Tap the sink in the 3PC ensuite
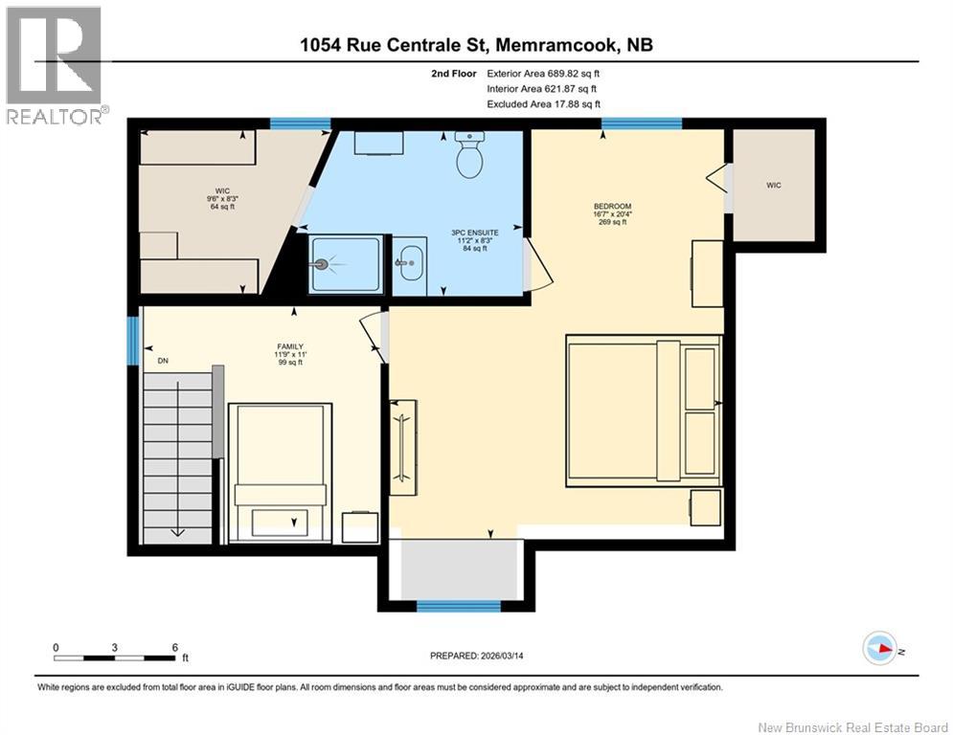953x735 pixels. click(409, 260)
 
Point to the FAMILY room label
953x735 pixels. click(290, 346)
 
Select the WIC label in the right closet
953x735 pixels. click(773, 185)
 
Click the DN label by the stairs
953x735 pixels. click(163, 361)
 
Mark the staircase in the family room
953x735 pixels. click(177, 455)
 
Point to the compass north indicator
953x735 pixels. click(879, 648)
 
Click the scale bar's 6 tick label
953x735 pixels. click(174, 647)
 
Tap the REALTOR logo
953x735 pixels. click(55, 64)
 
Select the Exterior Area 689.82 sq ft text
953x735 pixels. click(543, 73)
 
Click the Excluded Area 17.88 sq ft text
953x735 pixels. click(543, 103)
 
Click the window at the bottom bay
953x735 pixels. click(458, 606)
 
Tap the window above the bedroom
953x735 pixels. click(641, 122)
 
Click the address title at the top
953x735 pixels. click(476, 44)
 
